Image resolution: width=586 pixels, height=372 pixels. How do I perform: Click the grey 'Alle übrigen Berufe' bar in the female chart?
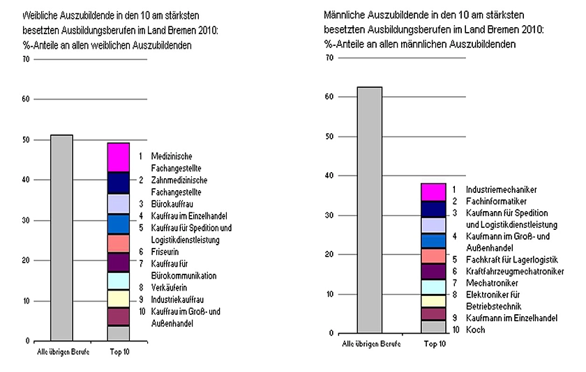point(61,237)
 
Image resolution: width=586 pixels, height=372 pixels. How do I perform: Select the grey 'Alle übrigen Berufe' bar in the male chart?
point(369,209)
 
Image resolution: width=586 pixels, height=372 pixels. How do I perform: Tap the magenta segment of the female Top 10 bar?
point(119,157)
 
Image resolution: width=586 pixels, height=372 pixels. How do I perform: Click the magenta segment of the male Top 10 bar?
point(433,192)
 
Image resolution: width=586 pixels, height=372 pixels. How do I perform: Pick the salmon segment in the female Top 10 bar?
point(119,243)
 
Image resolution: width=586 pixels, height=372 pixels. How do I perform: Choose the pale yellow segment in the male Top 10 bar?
point(433,300)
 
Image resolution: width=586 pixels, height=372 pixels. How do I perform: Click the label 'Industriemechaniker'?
point(501,189)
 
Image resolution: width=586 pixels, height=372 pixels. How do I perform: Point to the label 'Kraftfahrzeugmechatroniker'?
point(515,271)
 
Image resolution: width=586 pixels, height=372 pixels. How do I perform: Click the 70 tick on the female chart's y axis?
point(26,60)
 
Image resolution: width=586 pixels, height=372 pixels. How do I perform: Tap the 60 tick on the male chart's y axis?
point(331,96)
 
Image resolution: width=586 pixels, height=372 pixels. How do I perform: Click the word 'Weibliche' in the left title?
point(40,15)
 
